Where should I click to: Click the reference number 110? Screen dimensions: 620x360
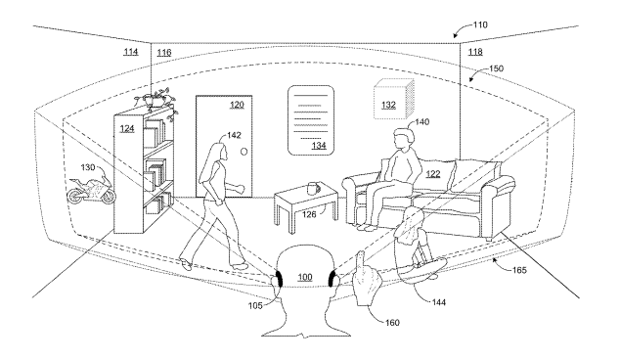point(480,24)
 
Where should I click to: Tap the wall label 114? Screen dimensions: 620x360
point(131,52)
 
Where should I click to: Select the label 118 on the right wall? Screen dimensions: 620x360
point(475,52)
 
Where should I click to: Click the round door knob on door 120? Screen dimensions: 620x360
point(244,152)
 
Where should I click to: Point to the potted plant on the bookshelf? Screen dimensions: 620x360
point(156,100)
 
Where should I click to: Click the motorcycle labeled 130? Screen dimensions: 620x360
point(91,191)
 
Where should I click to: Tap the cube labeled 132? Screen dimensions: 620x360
point(394,99)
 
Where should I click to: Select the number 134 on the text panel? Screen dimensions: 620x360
point(319,146)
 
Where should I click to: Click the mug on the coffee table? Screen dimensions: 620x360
point(313,188)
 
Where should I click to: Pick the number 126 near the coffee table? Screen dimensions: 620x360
point(309,214)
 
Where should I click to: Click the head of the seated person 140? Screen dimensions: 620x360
point(403,138)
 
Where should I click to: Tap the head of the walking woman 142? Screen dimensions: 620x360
point(220,152)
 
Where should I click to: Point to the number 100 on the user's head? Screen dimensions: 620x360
point(305,277)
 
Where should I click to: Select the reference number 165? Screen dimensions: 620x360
point(519,270)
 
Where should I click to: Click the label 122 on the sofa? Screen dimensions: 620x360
point(433,174)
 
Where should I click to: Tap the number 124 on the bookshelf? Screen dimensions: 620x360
point(127,129)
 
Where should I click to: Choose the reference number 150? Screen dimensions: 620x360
point(496,68)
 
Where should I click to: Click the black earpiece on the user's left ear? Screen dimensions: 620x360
point(279,279)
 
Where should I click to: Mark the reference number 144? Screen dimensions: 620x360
point(438,302)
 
